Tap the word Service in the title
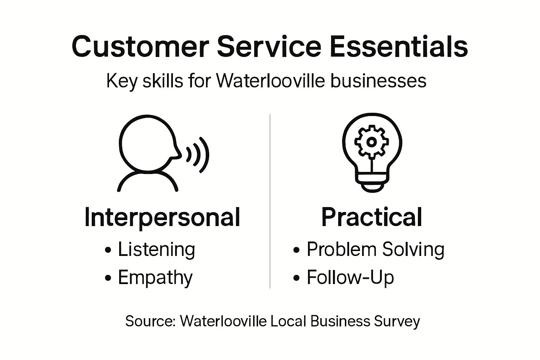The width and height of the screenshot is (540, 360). (269, 47)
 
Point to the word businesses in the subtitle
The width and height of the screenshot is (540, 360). (378, 81)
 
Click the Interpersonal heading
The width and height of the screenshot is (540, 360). (162, 217)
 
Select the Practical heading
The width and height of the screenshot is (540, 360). (372, 217)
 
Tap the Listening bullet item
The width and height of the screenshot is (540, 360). (156, 250)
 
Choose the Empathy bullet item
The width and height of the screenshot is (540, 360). (155, 278)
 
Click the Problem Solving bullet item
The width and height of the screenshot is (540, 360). (375, 250)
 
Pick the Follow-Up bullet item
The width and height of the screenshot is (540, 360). (350, 277)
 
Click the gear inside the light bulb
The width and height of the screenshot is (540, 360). (371, 142)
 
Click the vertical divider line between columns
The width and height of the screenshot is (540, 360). (270, 200)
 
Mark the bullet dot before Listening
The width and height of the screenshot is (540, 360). (108, 250)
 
